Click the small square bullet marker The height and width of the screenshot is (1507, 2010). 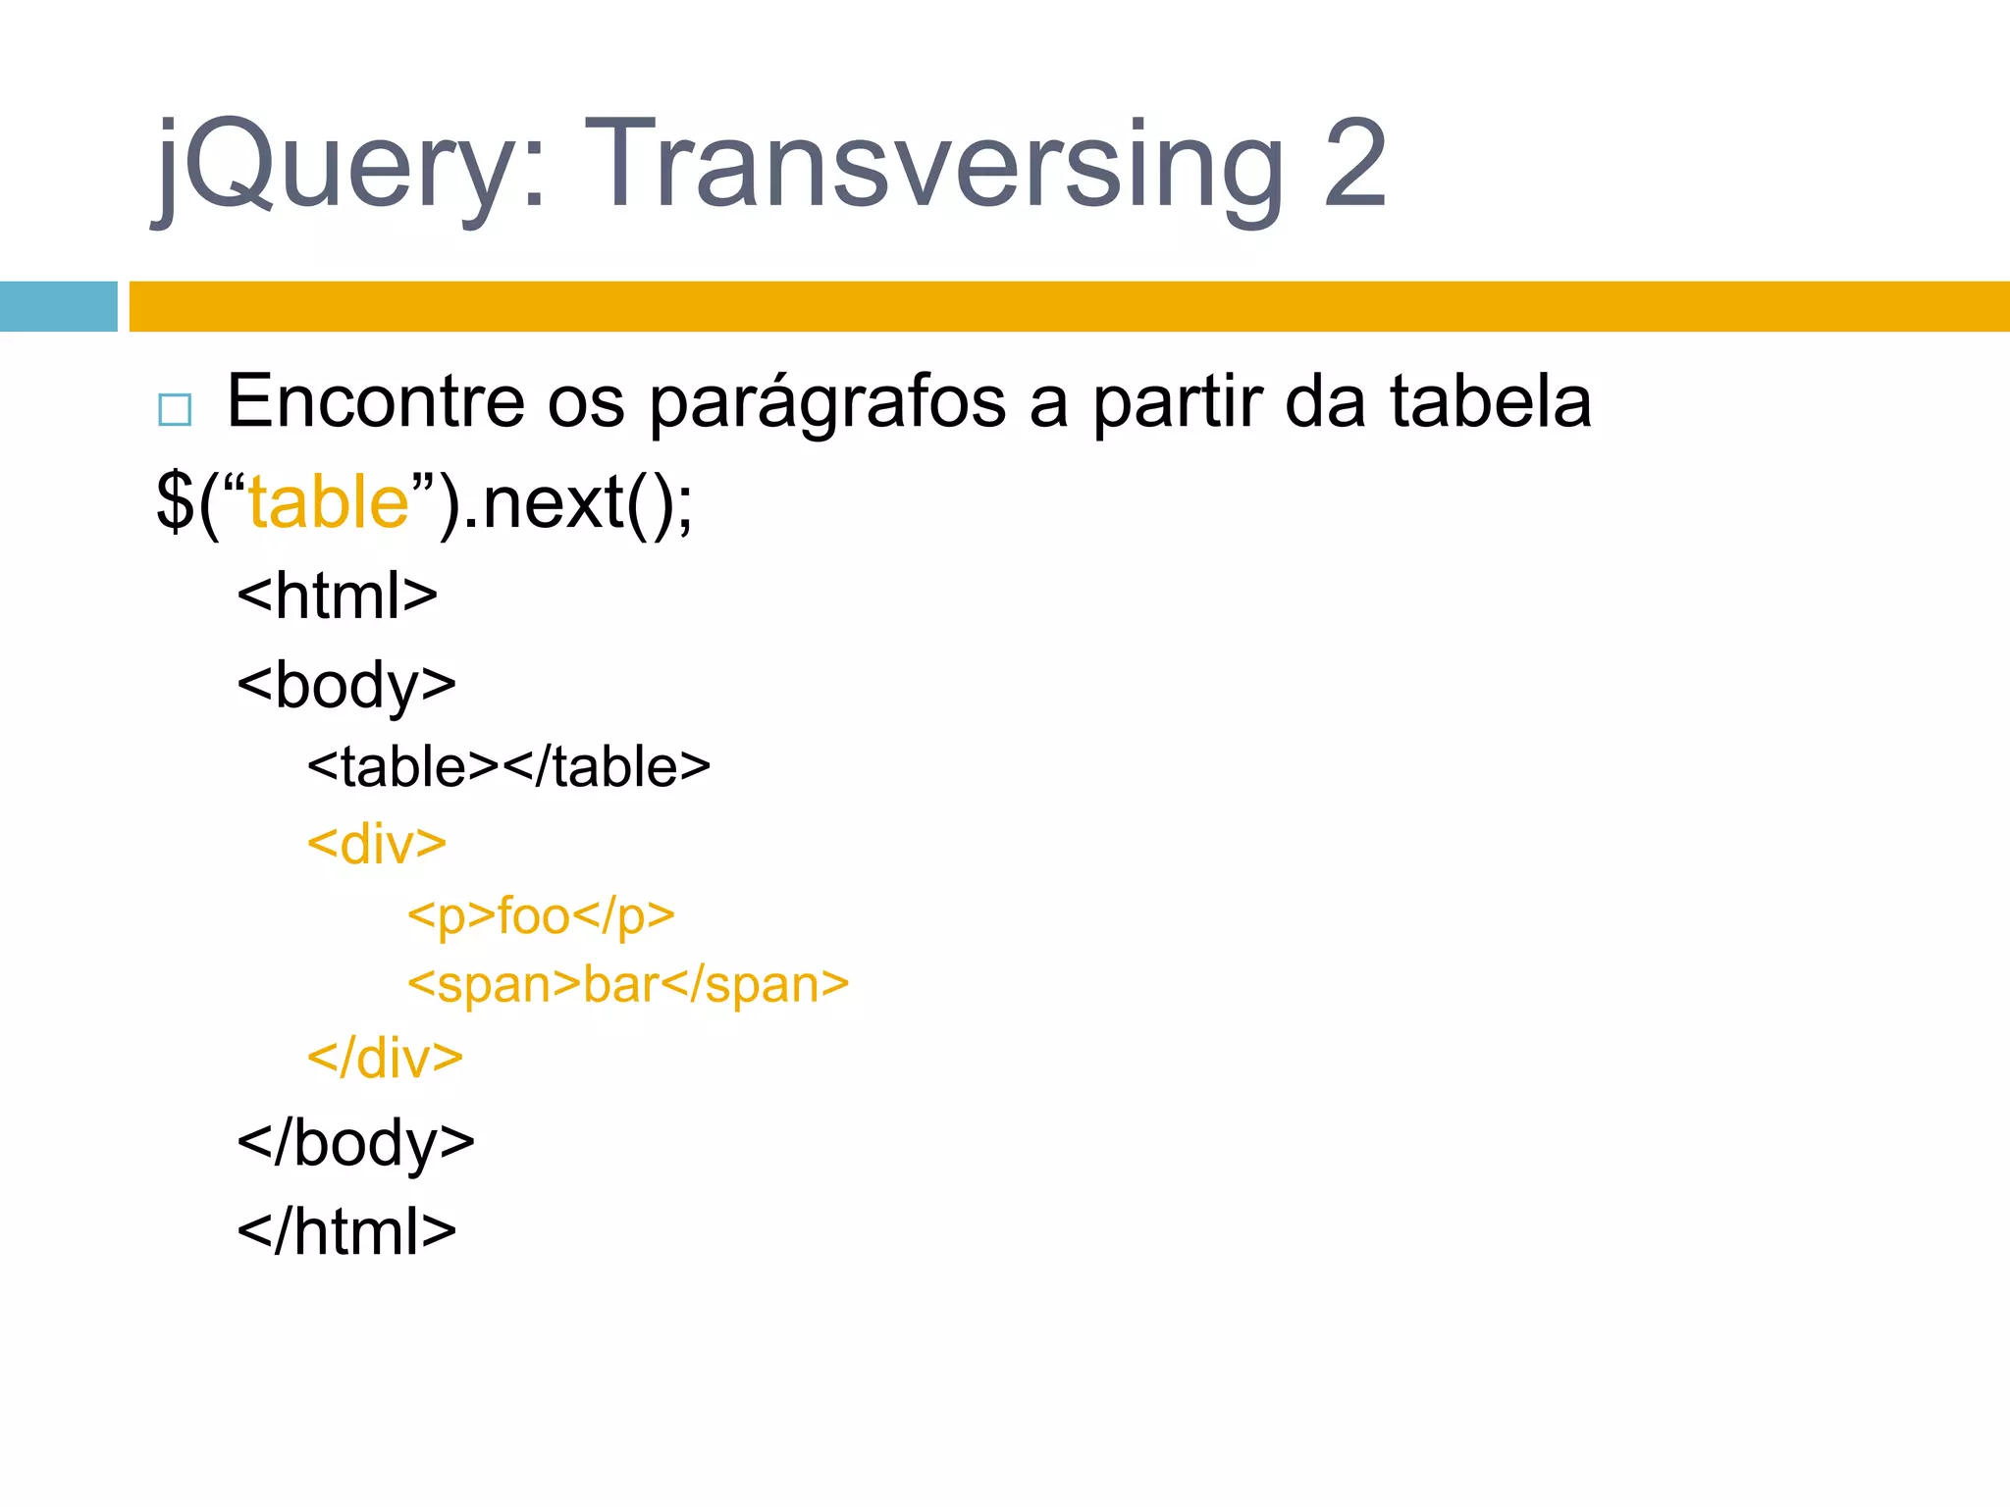tap(175, 408)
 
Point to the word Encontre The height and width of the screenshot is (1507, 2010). tap(376, 401)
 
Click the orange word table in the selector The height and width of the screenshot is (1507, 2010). tap(328, 502)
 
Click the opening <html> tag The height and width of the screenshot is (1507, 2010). tap(337, 595)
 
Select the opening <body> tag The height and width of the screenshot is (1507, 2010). tap(346, 685)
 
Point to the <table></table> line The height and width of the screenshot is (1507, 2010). tap(508, 766)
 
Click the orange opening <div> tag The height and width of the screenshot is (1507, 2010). tap(377, 844)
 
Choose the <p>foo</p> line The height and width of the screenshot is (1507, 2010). tap(541, 916)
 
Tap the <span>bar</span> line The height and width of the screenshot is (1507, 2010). tap(628, 984)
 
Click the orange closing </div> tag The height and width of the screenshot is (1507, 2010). tap(385, 1058)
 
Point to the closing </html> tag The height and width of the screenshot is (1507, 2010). tap(346, 1230)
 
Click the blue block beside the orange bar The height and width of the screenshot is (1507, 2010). tap(58, 306)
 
